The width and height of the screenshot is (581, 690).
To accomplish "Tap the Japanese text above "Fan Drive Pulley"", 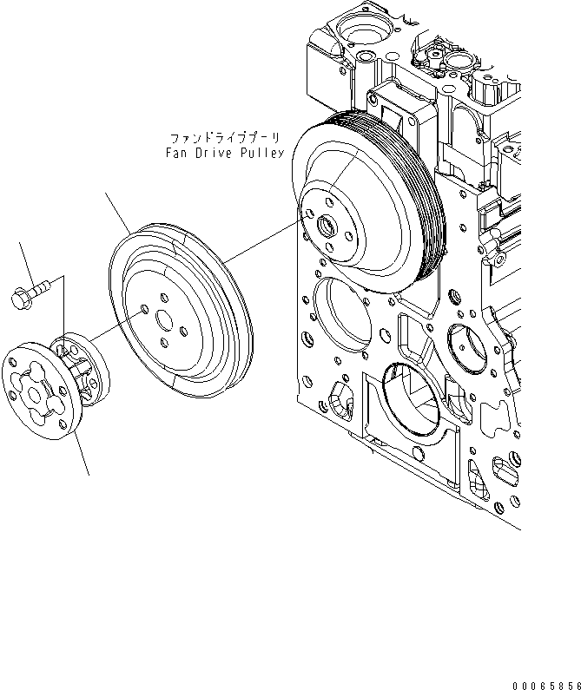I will (x=227, y=138).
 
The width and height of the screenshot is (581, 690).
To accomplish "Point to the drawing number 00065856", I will (x=545, y=681).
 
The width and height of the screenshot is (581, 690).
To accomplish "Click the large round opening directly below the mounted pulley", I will (x=334, y=309).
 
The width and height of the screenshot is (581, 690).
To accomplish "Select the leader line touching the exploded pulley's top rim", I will (x=116, y=212).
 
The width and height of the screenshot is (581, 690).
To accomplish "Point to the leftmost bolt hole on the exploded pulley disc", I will (x=142, y=307).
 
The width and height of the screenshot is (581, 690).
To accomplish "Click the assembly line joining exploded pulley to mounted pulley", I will (x=261, y=244).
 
